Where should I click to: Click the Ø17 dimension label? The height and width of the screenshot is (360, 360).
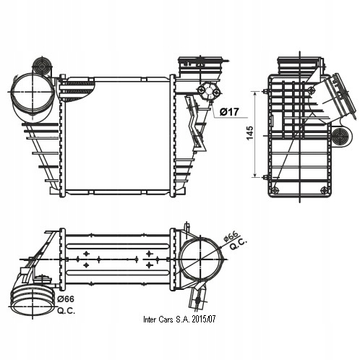(x=229, y=111)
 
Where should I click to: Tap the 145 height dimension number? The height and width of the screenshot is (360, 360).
(x=250, y=133)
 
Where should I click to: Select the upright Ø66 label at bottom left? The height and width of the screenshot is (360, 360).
(x=66, y=299)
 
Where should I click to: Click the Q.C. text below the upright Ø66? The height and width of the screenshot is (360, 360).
(x=66, y=311)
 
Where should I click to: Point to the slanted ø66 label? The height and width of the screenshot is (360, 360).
(x=231, y=236)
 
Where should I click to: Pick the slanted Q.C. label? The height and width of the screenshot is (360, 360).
(x=239, y=244)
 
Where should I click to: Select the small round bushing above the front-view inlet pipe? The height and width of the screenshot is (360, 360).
(x=42, y=66)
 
